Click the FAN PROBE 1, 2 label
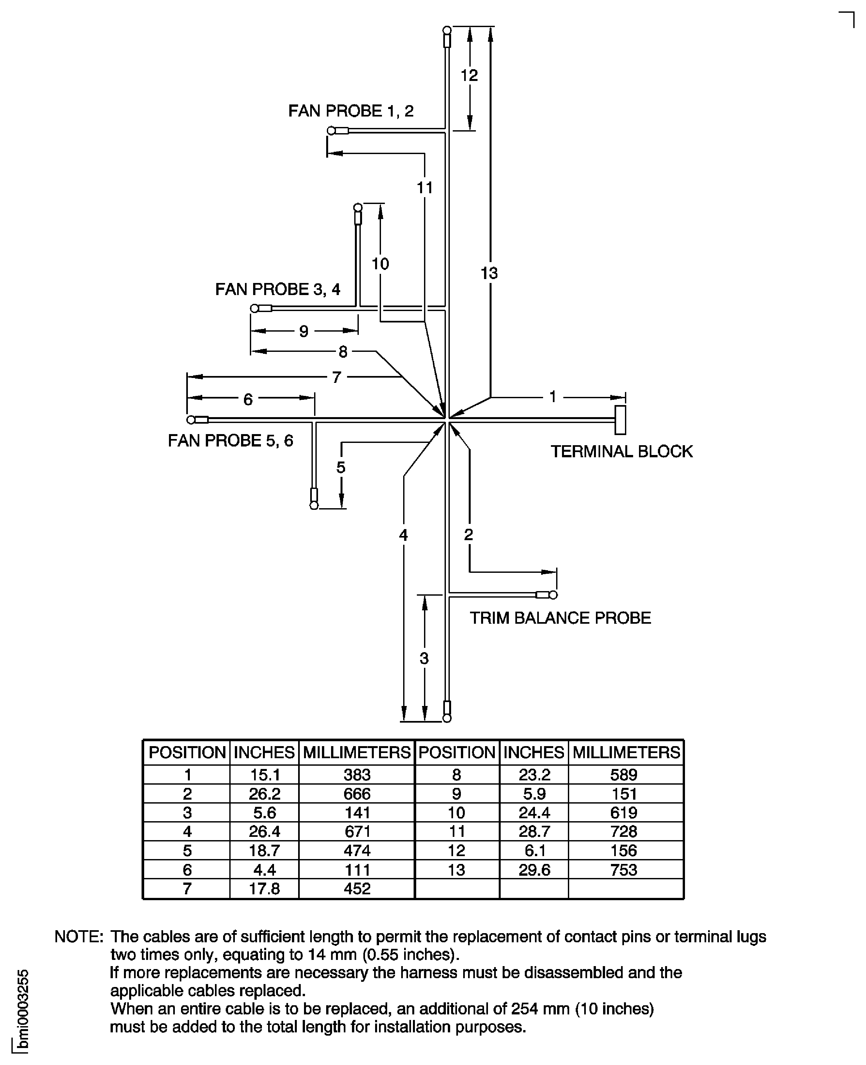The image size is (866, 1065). pos(351,111)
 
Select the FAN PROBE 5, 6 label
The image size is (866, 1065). pos(231,440)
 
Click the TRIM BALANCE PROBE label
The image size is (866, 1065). pos(560,618)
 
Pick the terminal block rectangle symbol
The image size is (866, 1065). pos(620,420)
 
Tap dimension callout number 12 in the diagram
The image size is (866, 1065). pos(469,75)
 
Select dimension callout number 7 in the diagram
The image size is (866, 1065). pos(337,377)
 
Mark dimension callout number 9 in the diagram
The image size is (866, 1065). pos(304,331)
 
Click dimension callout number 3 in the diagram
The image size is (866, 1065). pos(424,658)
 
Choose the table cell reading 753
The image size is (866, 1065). pos(624,869)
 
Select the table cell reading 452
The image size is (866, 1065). pos(357,888)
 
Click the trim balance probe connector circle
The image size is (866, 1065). pos(553,595)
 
